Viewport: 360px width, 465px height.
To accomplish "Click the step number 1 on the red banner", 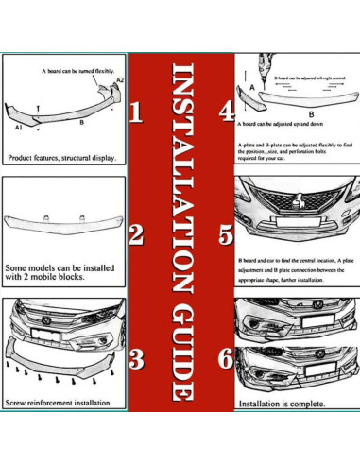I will coord(135,114).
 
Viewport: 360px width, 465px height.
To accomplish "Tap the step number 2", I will coord(135,233).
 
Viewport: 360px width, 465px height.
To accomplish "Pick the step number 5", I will coord(226,233).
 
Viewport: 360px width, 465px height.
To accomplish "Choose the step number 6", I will coord(225,359).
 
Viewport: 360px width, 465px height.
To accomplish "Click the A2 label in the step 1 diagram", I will coord(118,81).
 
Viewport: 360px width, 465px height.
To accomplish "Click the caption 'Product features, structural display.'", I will coord(62,158).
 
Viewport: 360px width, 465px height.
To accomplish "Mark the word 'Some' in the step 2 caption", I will coord(19,266).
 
